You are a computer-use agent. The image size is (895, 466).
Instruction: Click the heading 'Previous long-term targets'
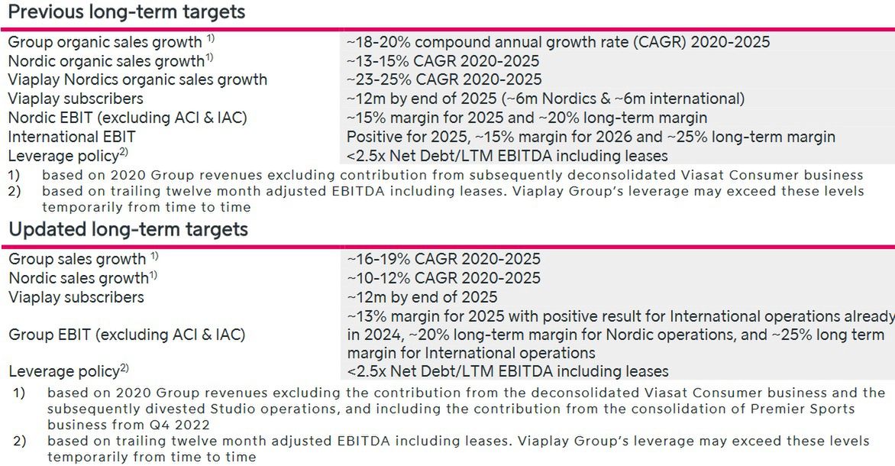[x=127, y=12]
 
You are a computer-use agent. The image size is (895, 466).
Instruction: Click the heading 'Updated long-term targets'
[x=128, y=229]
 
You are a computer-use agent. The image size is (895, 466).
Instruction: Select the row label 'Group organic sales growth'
[x=105, y=42]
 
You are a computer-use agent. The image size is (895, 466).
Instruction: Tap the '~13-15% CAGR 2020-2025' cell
[x=443, y=61]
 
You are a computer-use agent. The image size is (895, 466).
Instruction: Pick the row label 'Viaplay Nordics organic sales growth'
[x=137, y=79]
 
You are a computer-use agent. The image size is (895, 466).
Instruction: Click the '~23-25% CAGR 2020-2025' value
[x=444, y=79]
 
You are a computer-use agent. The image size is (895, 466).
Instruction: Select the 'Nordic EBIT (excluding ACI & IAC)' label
[x=128, y=118]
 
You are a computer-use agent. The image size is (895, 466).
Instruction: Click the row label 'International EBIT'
[x=72, y=137]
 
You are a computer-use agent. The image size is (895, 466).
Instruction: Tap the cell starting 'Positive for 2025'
[x=590, y=137]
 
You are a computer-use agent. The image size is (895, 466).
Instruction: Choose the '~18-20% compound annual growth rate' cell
[x=557, y=42]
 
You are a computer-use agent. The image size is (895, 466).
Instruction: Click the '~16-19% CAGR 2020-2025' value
[x=444, y=259]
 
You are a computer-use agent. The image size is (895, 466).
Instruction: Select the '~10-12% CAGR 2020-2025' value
[x=444, y=278]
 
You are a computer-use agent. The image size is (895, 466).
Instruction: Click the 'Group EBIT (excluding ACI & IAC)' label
[x=127, y=335]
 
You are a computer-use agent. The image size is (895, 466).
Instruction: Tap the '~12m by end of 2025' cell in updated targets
[x=422, y=297]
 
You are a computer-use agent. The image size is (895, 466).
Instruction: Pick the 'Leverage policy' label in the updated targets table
[x=63, y=372]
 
